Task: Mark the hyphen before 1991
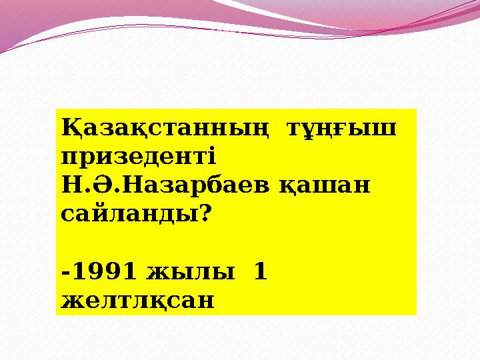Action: (x=64, y=272)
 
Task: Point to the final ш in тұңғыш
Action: (x=387, y=128)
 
